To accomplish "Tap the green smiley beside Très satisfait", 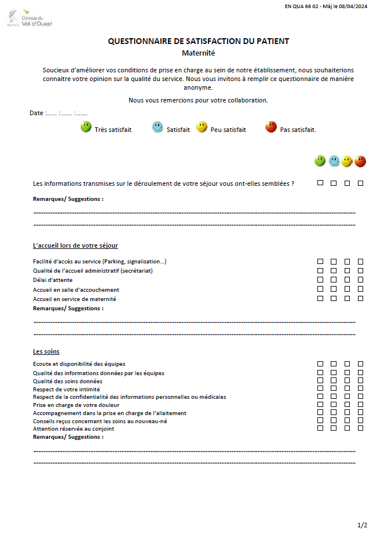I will click(x=86, y=127).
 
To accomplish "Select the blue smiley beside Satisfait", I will click(x=158, y=127).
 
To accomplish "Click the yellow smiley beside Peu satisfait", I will click(x=202, y=127).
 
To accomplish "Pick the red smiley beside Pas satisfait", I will click(x=270, y=127).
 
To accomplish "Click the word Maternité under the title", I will click(x=198, y=53).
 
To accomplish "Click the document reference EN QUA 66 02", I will click(x=305, y=6).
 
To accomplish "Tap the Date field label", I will click(x=36, y=113).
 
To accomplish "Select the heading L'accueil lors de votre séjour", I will click(x=75, y=245).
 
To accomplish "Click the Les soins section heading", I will click(x=46, y=351).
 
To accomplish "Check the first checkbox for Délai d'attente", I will click(x=320, y=280).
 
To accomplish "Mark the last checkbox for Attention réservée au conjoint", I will click(x=360, y=428).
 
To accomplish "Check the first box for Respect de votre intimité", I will click(x=320, y=389).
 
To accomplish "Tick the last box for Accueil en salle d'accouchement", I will click(x=360, y=289).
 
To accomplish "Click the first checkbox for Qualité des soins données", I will click(x=320, y=381).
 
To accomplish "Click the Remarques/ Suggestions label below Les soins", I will click(x=68, y=437).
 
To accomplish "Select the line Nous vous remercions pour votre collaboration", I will click(x=198, y=100).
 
